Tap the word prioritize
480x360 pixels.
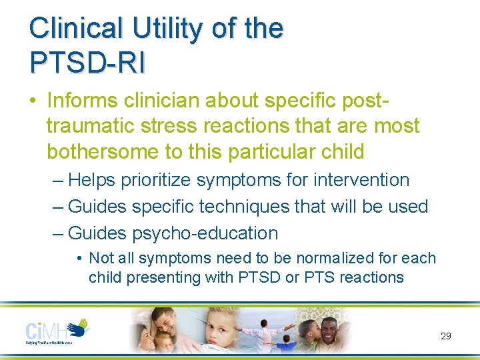point(159,180)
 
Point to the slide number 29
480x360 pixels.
point(446,336)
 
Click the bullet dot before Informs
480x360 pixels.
point(33,100)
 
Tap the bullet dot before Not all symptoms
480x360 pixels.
point(79,258)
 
